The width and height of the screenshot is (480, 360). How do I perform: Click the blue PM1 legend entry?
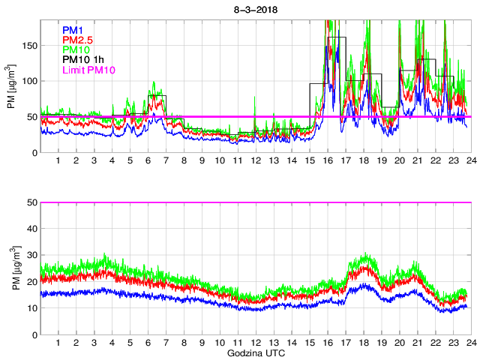[74, 30]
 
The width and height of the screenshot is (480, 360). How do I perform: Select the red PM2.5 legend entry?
[78, 40]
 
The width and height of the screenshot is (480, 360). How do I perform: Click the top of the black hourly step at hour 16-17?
[336, 37]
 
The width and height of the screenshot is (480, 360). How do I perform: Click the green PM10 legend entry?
[76, 49]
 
